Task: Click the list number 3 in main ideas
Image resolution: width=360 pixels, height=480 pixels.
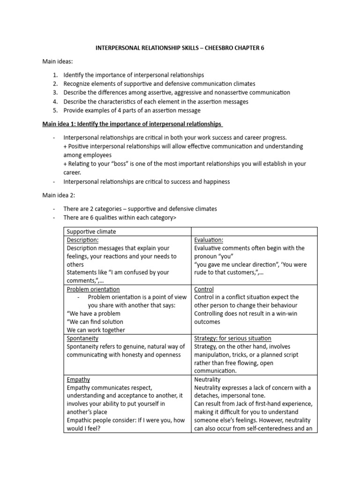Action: pyautogui.click(x=55, y=92)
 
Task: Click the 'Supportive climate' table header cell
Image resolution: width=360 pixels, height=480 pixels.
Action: pyautogui.click(x=91, y=232)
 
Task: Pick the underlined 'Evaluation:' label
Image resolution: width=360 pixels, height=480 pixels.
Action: pyautogui.click(x=209, y=240)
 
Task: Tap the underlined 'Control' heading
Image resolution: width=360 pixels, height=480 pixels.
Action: pyautogui.click(x=204, y=289)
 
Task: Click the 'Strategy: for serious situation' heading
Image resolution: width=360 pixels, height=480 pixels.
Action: pyautogui.click(x=232, y=338)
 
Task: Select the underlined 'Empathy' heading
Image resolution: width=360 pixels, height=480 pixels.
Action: pyautogui.click(x=79, y=379)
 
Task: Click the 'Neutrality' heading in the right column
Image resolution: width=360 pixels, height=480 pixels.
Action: pyautogui.click(x=207, y=379)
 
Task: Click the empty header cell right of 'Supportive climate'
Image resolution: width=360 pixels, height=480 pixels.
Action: pyautogui.click(x=254, y=232)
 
